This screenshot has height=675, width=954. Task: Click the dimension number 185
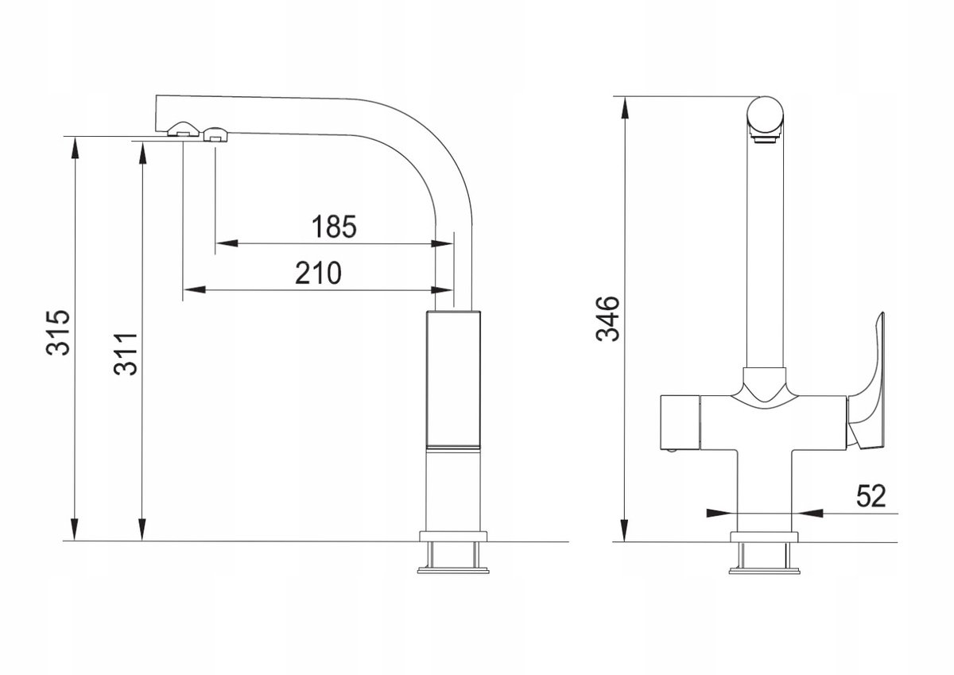334,227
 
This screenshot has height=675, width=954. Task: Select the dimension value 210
318,273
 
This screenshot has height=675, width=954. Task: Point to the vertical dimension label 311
126,354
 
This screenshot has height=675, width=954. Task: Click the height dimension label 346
607,319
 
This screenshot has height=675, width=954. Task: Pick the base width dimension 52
871,495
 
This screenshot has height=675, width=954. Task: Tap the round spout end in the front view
766,114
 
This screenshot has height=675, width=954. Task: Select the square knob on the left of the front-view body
681,421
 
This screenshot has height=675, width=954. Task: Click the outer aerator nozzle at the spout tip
183,129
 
